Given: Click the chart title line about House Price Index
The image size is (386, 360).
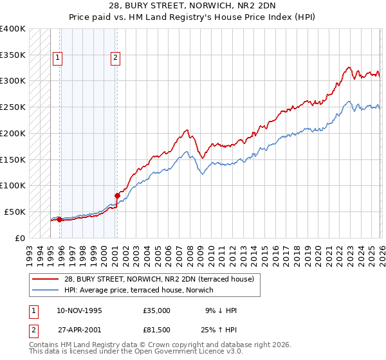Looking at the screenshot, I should click(193, 17).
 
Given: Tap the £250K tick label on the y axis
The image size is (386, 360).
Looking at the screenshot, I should click(14, 107).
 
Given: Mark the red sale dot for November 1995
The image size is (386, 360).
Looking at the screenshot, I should click(60, 219).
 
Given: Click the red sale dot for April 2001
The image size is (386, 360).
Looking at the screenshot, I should click(118, 195).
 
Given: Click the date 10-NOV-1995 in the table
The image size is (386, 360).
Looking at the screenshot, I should click(79, 310).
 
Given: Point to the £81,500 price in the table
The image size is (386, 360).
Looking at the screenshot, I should click(157, 330).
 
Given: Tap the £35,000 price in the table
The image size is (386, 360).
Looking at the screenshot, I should click(157, 310).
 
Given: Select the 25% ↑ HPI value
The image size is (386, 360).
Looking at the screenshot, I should click(220, 330).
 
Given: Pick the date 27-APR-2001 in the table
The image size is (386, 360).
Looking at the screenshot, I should click(79, 330).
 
